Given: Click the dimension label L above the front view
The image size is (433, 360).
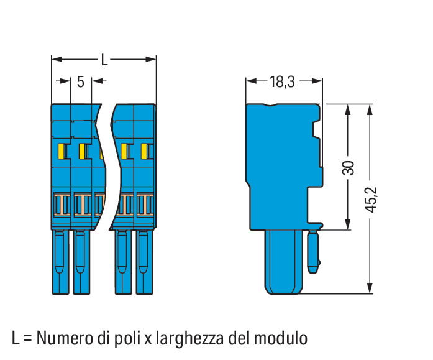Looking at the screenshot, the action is pyautogui.click(x=104, y=60).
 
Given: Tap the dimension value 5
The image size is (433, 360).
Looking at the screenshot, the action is pyautogui.click(x=80, y=82).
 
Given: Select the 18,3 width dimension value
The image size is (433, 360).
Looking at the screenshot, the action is pyautogui.click(x=281, y=82).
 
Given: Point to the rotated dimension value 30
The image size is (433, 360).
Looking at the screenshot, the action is pyautogui.click(x=349, y=168).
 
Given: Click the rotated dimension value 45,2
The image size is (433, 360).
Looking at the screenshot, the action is pyautogui.click(x=371, y=200).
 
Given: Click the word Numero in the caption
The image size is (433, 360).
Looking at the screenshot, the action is pyautogui.click(x=68, y=338).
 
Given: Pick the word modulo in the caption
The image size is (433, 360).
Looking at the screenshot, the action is pyautogui.click(x=281, y=338).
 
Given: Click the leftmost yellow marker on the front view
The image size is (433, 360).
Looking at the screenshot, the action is pyautogui.click(x=61, y=152).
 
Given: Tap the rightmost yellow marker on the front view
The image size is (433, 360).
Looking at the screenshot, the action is pyautogui.click(x=144, y=152).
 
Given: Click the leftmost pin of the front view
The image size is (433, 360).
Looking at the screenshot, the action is pyautogui.click(x=60, y=262).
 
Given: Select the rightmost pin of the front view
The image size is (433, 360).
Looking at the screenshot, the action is pyautogui.click(x=144, y=262).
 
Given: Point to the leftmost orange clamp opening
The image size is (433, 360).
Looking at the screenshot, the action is pyautogui.click(x=62, y=205).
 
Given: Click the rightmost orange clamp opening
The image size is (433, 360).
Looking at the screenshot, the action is pyautogui.click(x=145, y=205).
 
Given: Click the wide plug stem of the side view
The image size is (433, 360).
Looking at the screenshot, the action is pyautogui.click(x=284, y=262).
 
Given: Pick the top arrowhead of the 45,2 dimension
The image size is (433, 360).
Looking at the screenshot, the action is pyautogui.click(x=370, y=109).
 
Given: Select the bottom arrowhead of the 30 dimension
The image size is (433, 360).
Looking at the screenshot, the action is pyautogui.click(x=348, y=224).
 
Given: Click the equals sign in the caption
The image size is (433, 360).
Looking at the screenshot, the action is pyautogui.click(x=28, y=339).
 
